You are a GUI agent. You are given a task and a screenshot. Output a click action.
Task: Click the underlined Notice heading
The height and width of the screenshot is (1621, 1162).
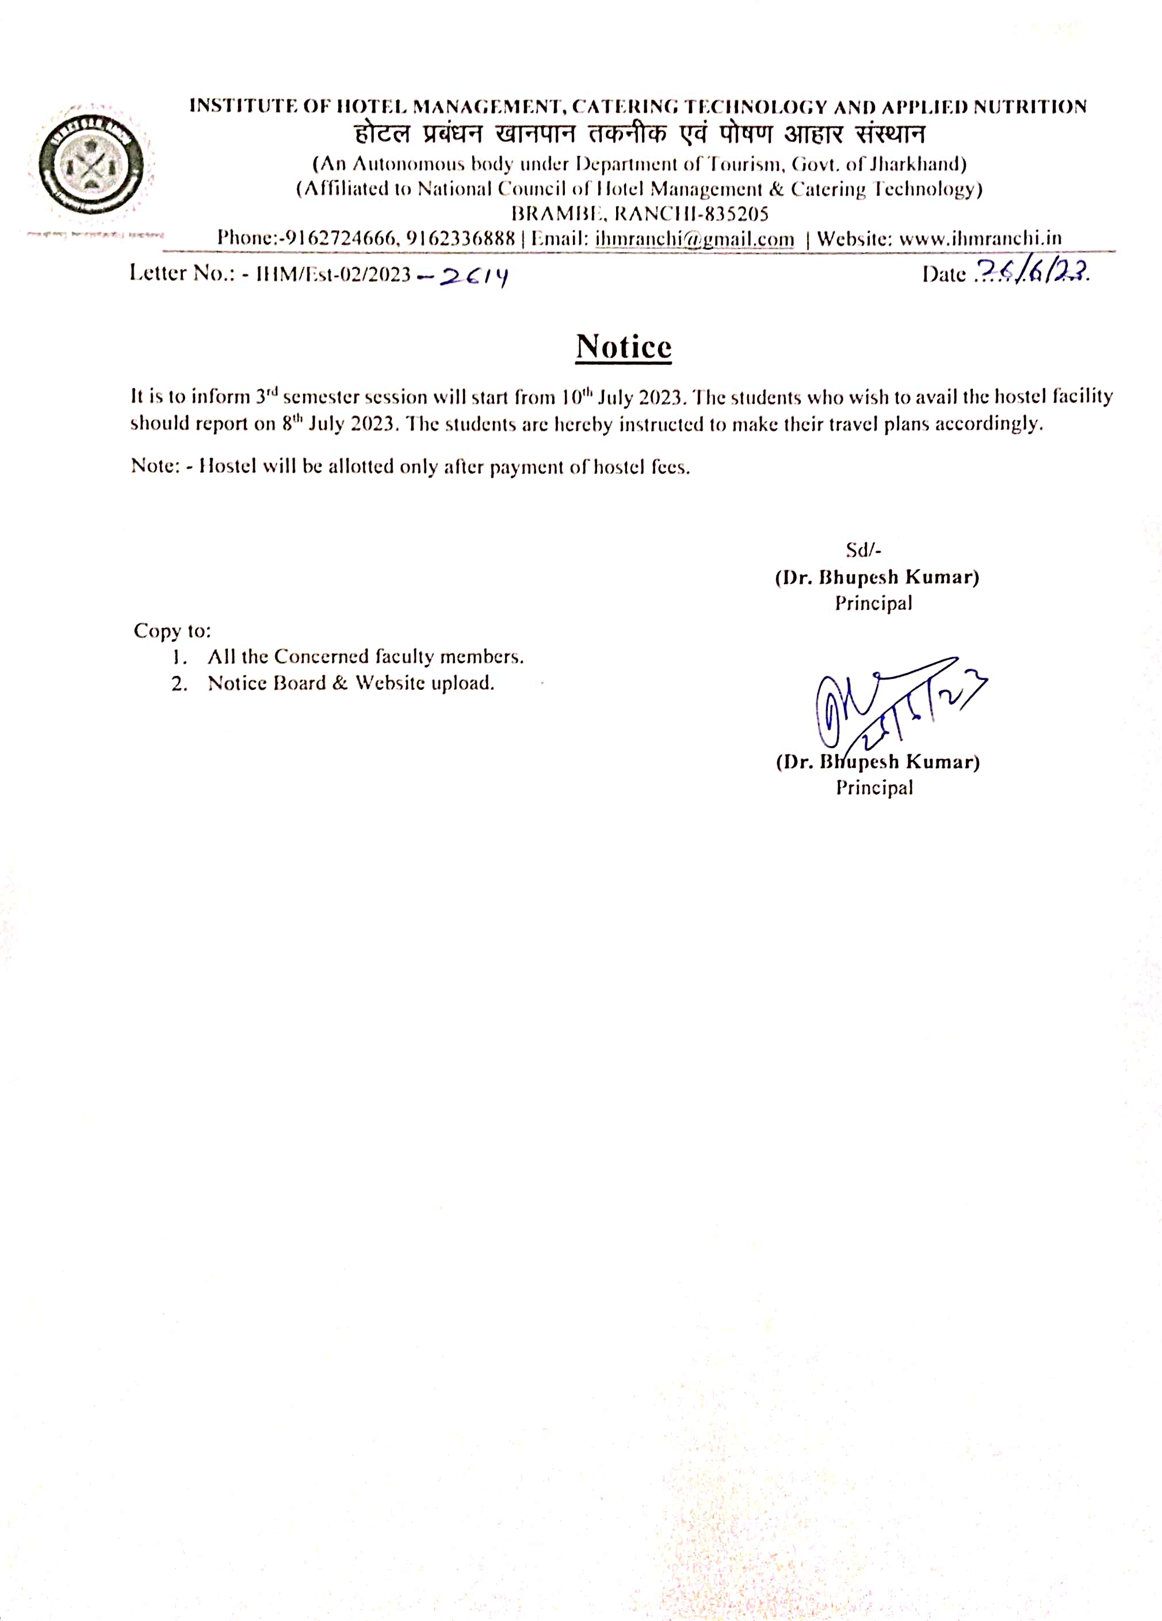tap(623, 347)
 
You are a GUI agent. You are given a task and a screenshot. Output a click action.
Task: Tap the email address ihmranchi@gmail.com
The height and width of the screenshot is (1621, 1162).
tap(694, 239)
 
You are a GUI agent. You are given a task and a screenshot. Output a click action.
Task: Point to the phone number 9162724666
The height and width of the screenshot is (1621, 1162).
tap(340, 239)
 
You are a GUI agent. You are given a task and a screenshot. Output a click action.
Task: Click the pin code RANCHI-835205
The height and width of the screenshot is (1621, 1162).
tap(691, 214)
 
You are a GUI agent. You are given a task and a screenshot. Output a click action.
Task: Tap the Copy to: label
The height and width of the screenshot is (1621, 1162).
tap(172, 631)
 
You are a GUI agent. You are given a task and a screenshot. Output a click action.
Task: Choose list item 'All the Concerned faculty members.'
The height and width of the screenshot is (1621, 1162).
tap(365, 657)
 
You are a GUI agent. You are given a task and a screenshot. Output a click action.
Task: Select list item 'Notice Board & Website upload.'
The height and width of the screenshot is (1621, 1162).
tap(351, 683)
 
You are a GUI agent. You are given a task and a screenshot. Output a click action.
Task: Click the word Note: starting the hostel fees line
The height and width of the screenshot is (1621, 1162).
tap(154, 467)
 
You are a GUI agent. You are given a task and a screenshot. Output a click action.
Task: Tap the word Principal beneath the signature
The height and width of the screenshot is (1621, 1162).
tap(875, 787)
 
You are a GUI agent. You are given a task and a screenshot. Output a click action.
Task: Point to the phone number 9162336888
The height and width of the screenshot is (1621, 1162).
tap(460, 239)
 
